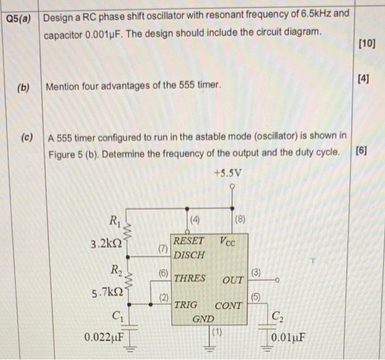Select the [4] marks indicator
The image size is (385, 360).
tap(364, 80)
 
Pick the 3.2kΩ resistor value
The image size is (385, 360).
tap(107, 243)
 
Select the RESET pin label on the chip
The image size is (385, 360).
tap(189, 241)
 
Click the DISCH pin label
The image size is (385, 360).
tap(189, 255)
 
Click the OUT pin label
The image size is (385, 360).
tap(233, 280)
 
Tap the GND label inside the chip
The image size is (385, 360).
tap(203, 319)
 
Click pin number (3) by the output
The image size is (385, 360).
tap(256, 272)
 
